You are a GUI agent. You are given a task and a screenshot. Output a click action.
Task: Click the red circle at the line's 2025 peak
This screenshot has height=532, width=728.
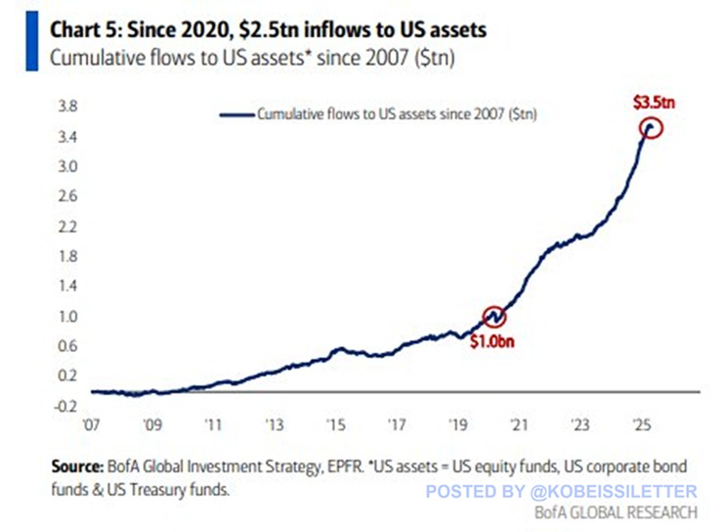tap(652, 128)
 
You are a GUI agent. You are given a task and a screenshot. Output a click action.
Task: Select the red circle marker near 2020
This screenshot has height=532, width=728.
tap(495, 317)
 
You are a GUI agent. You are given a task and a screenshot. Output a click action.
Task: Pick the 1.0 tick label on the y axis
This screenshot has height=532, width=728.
tap(65, 317)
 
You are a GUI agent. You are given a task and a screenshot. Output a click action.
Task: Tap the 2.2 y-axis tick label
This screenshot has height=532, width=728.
tap(65, 226)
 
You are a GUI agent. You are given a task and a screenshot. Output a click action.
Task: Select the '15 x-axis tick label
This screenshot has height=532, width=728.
tap(335, 426)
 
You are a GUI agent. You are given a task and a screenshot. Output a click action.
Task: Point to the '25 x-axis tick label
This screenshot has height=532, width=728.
tap(639, 426)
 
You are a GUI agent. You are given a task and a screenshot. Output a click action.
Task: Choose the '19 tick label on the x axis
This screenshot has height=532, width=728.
tap(457, 426)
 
